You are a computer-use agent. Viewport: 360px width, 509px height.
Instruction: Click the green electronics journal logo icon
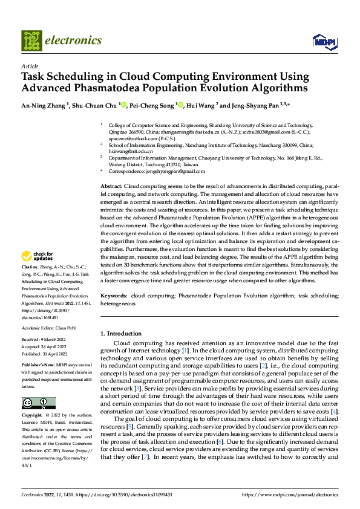[x=31, y=41]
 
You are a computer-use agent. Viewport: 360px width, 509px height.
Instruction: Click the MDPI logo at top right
[x=323, y=41]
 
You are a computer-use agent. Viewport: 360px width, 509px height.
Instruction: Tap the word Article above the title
[x=30, y=66]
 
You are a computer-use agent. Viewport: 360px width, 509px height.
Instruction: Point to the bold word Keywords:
[x=113, y=295]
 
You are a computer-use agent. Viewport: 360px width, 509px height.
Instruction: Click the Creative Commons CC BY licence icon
[x=38, y=403]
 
